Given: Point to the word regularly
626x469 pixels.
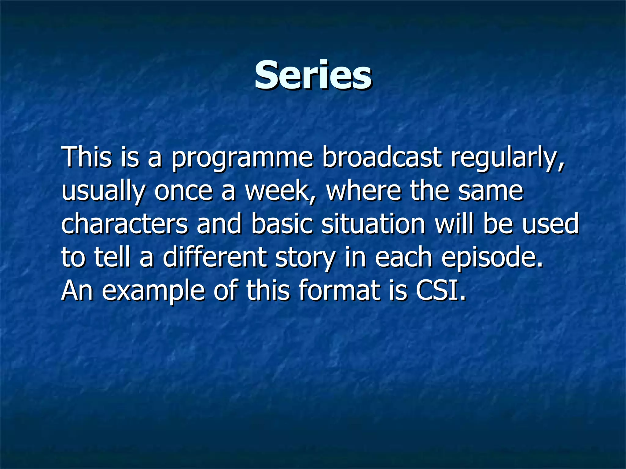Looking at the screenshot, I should (507, 158).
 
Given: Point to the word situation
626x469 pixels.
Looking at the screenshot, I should (373, 224).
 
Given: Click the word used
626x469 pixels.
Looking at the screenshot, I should (550, 224).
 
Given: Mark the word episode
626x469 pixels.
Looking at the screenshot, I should (492, 258).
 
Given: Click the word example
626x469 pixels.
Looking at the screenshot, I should (153, 291).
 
